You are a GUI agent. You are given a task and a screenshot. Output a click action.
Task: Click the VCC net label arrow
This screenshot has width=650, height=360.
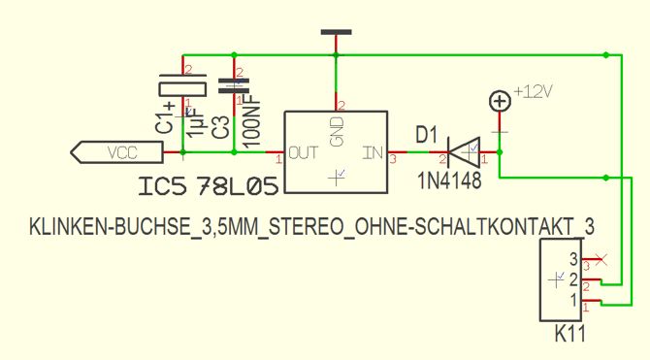(116, 152)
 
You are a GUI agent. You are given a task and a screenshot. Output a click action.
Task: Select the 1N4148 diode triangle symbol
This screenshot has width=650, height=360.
(464, 152)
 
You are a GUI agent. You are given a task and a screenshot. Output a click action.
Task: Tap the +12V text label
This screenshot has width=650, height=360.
(534, 91)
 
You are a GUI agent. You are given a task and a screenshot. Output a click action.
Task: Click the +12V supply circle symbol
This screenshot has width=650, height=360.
(500, 101)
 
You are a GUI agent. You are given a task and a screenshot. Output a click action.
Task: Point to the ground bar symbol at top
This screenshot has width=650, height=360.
(337, 32)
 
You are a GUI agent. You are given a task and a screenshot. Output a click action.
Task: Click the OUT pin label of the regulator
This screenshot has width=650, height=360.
(304, 153)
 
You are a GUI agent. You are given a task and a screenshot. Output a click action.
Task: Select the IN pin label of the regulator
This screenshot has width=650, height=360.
(374, 153)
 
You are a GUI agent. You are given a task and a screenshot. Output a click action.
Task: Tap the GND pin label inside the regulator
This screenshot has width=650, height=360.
(338, 131)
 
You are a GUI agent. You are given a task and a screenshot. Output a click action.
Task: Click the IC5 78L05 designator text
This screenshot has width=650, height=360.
(209, 186)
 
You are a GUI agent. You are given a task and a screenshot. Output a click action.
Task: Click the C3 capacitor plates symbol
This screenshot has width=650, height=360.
(234, 85)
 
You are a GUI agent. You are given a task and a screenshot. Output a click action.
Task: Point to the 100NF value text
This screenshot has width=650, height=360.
(252, 120)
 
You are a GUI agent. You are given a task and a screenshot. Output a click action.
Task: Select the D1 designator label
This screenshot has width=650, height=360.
(426, 135)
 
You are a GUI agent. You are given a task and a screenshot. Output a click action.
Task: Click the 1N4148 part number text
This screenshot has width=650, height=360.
(450, 180)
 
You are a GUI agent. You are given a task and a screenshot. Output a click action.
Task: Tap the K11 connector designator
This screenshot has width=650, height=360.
(570, 334)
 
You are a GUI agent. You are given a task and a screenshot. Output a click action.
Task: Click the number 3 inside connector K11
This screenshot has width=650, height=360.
(573, 259)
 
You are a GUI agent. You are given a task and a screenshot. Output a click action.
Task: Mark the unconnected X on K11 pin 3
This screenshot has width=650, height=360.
(601, 260)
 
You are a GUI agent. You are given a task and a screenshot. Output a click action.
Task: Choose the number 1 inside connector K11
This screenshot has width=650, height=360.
(574, 300)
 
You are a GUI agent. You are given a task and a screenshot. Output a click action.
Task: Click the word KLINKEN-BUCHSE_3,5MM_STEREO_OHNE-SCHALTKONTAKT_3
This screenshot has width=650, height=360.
(311, 227)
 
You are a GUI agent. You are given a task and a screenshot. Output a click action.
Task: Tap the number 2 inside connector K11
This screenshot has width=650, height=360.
(573, 279)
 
